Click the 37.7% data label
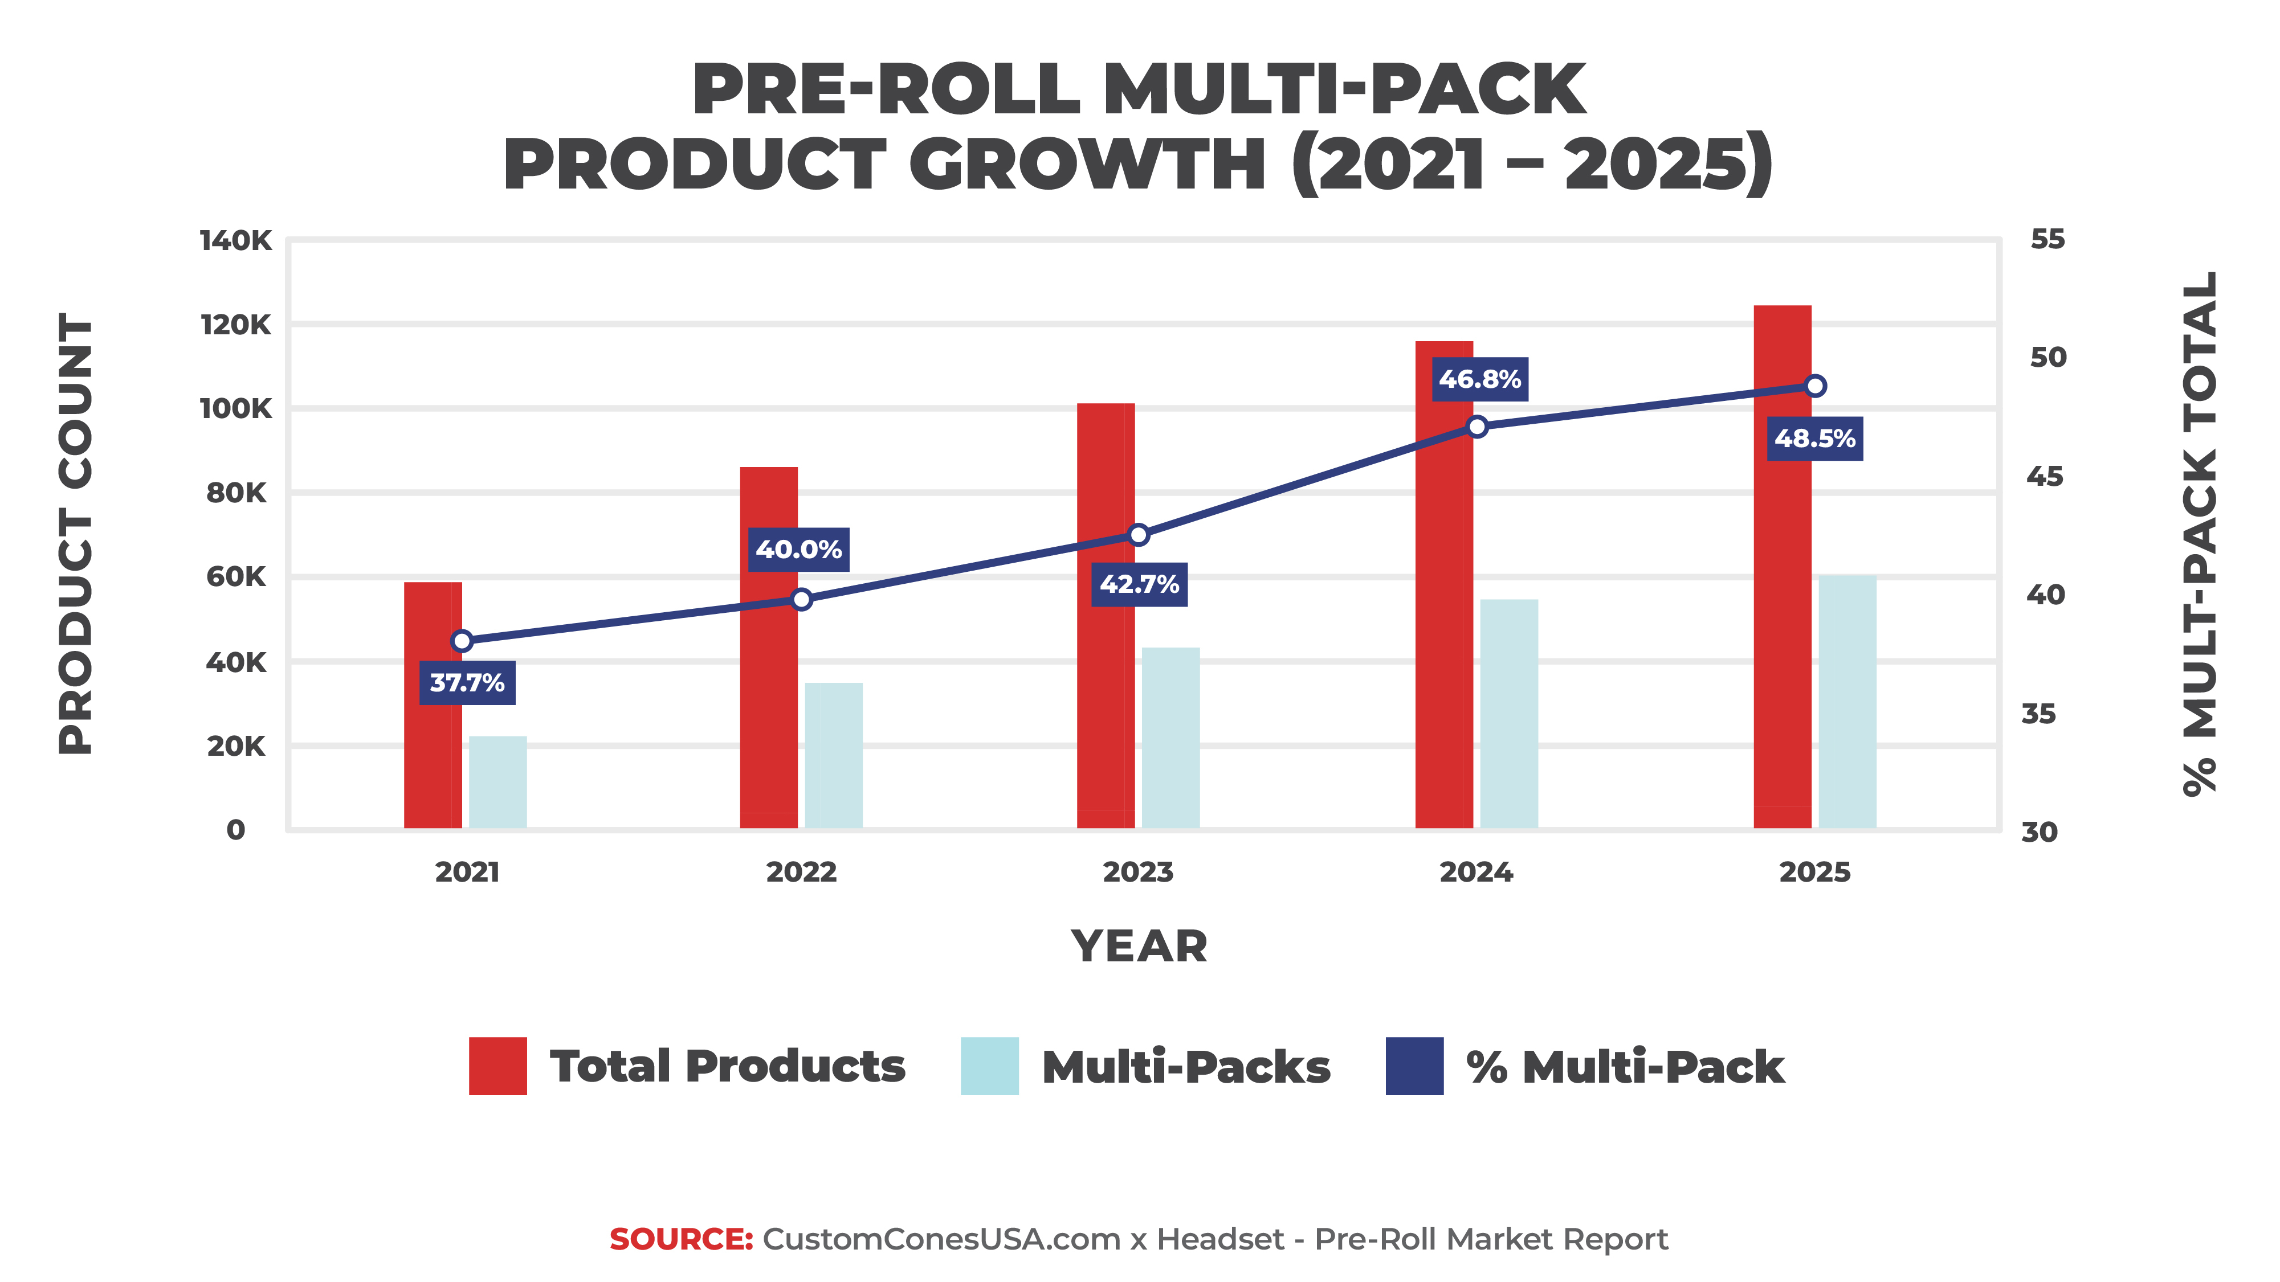(x=467, y=683)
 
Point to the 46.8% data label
(x=1479, y=379)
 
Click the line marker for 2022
(x=802, y=600)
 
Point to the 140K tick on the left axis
(x=235, y=241)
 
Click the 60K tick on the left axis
(x=235, y=577)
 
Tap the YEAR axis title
(x=1139, y=947)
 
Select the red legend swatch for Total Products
(x=497, y=1066)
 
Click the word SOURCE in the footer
(x=680, y=1239)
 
